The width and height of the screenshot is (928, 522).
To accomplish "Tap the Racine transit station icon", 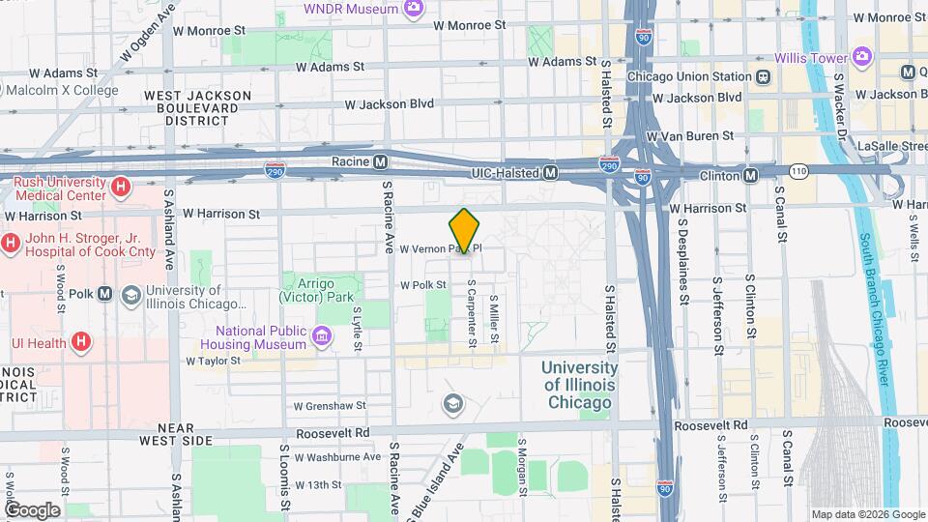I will click(x=381, y=161).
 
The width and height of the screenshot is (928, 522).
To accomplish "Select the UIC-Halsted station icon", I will click(x=550, y=172).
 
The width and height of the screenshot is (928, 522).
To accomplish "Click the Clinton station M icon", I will click(x=750, y=175).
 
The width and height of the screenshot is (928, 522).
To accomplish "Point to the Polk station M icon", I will click(x=104, y=294).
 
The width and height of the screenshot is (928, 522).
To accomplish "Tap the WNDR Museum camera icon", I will click(x=415, y=9).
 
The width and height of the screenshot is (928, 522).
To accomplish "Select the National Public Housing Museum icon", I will click(x=322, y=336).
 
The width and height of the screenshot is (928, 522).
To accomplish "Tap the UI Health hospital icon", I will click(x=81, y=341).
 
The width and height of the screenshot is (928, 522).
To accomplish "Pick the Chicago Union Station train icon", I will click(x=764, y=76).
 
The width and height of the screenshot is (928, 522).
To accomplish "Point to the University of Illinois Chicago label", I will click(x=578, y=385).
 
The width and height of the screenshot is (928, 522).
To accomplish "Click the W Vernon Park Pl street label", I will click(x=440, y=248).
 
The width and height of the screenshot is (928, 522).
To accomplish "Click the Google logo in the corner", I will click(x=32, y=510).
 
